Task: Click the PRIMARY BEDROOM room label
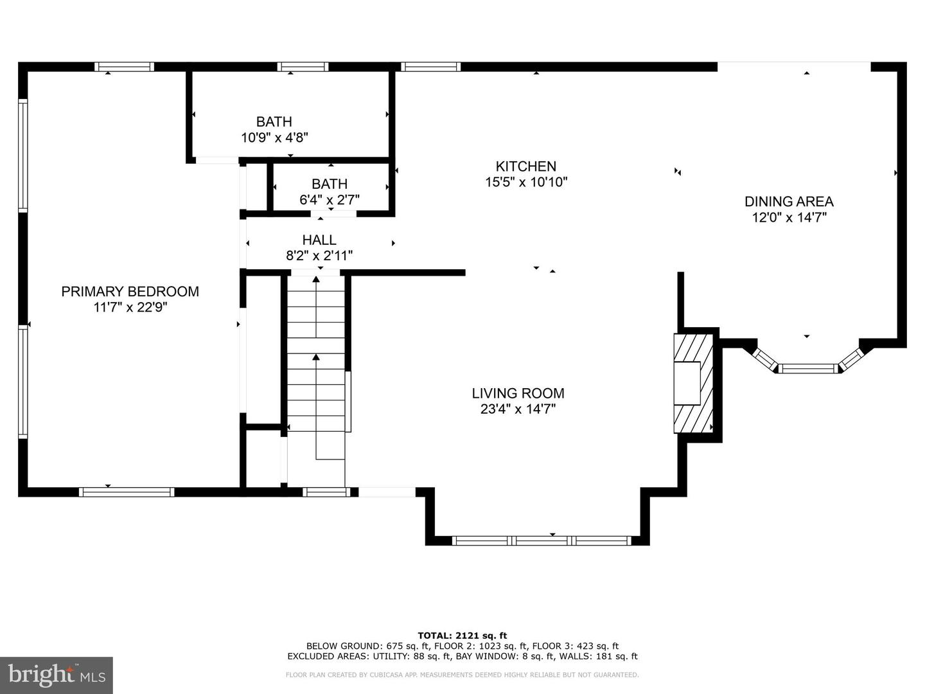click(130, 291)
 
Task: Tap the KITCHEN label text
click(525, 166)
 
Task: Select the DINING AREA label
click(789, 202)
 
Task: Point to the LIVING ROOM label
click(518, 393)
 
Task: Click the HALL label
click(319, 240)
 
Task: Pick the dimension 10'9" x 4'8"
click(274, 138)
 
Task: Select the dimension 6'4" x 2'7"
click(330, 200)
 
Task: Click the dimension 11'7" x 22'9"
click(130, 308)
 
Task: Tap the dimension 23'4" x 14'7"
click(518, 409)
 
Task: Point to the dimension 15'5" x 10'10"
click(525, 182)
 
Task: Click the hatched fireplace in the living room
click(694, 383)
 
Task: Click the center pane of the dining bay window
click(808, 368)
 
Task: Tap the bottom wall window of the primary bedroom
click(127, 492)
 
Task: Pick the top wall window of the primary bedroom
click(124, 66)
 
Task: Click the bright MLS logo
click(57, 675)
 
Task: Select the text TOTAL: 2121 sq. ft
click(462, 636)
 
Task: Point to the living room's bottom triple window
click(542, 540)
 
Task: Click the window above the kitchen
click(430, 66)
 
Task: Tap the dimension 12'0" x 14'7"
click(789, 218)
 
